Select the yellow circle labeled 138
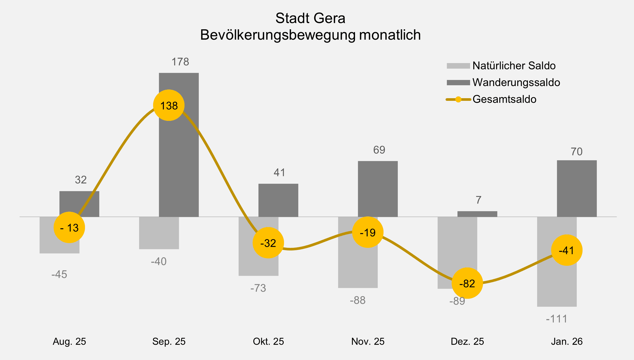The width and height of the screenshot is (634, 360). (169, 105)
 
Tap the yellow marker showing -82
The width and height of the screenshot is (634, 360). (467, 283)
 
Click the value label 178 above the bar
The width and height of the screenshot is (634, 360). (180, 62)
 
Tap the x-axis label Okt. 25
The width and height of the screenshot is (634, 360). (268, 341)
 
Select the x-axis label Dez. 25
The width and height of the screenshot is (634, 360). (467, 341)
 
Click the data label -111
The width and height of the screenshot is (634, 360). (556, 319)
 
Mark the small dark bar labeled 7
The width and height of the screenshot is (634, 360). (477, 214)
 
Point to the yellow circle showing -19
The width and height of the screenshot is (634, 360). (368, 232)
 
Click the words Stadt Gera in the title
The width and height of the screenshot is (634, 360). (310, 18)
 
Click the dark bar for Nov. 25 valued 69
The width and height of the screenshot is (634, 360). (378, 189)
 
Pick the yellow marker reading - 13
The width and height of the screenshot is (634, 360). (69, 228)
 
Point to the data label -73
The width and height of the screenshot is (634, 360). (258, 288)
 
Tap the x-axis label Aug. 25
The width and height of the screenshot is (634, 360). (69, 341)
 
